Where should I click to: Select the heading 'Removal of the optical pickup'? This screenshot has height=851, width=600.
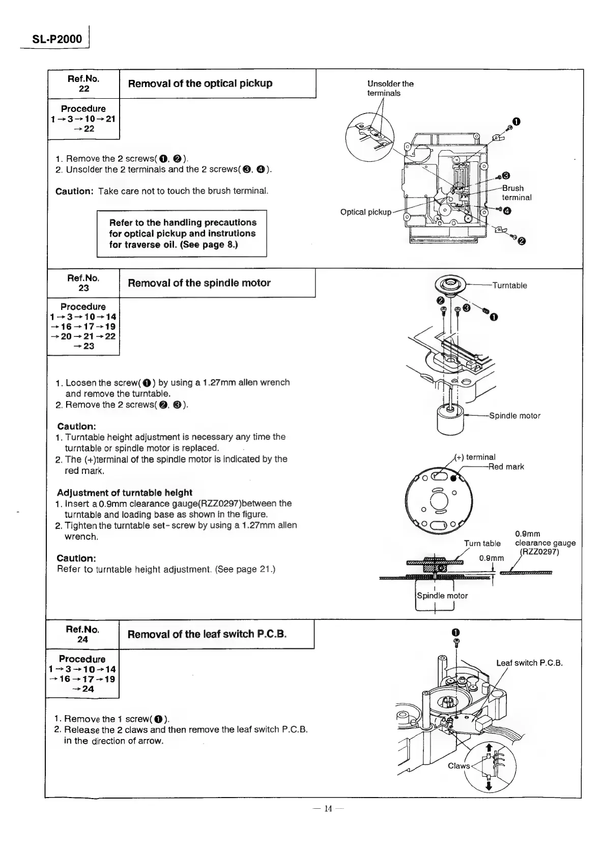(200, 83)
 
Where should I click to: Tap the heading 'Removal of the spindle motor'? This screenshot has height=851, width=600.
(199, 283)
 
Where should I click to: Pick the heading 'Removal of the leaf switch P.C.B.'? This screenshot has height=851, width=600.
(207, 634)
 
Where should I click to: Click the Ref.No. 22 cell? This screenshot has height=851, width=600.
(83, 83)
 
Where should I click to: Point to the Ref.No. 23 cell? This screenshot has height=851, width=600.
(83, 283)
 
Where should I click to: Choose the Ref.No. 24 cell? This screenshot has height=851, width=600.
(82, 634)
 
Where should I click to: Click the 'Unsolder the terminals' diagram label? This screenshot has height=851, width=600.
(390, 89)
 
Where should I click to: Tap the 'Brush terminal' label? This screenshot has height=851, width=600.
(516, 193)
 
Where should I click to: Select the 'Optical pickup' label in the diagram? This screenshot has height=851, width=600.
(365, 212)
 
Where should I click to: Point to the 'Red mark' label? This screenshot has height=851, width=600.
(506, 467)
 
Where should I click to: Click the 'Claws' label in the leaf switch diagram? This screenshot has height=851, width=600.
(459, 766)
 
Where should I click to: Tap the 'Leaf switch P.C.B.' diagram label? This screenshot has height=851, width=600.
(529, 663)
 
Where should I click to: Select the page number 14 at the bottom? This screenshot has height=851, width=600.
(328, 823)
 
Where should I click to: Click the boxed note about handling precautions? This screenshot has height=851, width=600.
(182, 234)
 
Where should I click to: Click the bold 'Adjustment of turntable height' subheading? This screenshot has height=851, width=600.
(125, 492)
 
